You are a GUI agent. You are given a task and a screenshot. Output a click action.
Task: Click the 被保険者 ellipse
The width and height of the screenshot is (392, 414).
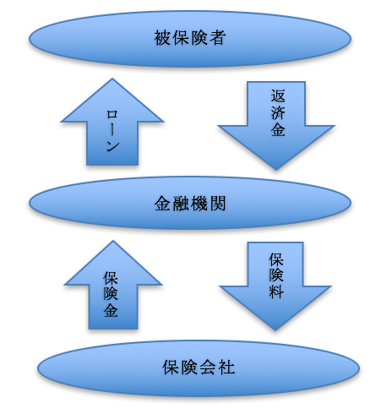(x=190, y=39)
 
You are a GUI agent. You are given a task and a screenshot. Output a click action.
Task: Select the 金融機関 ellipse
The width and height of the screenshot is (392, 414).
(x=190, y=203)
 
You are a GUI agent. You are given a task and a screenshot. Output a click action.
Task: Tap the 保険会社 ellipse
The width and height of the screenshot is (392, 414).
(x=199, y=368)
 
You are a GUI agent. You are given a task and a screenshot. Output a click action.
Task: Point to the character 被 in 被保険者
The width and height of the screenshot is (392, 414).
(x=161, y=38)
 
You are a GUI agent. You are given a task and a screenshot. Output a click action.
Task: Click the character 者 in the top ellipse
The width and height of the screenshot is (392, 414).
(x=218, y=38)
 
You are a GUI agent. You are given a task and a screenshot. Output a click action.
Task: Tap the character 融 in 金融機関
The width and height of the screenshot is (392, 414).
(x=181, y=204)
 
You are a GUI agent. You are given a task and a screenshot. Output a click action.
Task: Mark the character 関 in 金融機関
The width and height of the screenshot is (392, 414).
(x=218, y=204)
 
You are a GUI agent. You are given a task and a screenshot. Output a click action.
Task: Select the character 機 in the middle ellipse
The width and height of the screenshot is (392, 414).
(x=199, y=204)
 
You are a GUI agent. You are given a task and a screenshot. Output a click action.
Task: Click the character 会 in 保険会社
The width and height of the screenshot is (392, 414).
(x=208, y=368)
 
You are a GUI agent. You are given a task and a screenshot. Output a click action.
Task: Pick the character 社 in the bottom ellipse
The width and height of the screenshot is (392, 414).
(x=226, y=368)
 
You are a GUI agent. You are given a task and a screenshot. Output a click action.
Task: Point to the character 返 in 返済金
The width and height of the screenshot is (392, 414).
(x=278, y=96)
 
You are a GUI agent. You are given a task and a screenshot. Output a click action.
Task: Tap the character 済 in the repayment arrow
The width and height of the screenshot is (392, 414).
(x=278, y=112)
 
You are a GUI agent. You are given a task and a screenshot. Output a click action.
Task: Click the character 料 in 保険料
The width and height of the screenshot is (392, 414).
(x=275, y=291)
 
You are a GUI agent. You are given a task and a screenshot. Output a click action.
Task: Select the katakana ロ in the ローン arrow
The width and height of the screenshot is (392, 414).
(x=112, y=115)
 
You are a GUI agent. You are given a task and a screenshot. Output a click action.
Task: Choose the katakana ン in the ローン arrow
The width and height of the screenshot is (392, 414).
(x=112, y=145)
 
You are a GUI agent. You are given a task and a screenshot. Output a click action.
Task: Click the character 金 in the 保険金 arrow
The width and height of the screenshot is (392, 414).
(x=111, y=310)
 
